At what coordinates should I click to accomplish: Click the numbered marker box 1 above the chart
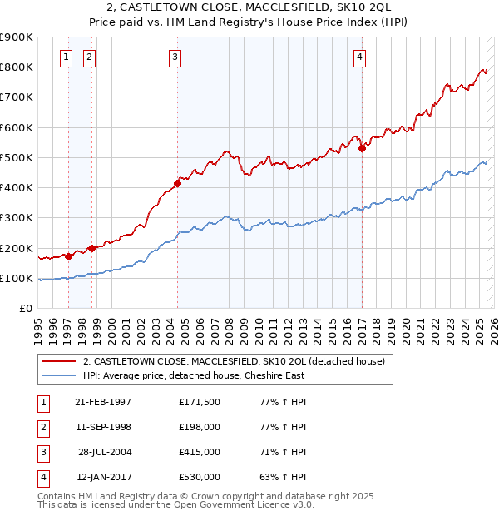click(66, 57)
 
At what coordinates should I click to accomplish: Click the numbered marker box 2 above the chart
click(89, 57)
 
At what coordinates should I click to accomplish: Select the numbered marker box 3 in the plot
click(175, 57)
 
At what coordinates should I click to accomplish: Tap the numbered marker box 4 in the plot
click(359, 57)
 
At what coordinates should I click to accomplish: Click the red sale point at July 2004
click(177, 183)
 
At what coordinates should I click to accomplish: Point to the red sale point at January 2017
click(362, 149)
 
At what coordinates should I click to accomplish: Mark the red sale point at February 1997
click(69, 256)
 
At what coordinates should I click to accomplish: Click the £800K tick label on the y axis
click(17, 67)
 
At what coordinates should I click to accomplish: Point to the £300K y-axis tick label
click(17, 218)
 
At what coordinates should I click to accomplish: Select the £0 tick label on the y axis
click(26, 309)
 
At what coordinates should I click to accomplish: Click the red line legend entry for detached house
click(234, 361)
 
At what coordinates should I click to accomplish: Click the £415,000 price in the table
click(200, 453)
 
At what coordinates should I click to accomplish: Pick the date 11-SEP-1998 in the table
click(103, 427)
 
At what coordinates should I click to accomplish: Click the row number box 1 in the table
click(41, 402)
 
